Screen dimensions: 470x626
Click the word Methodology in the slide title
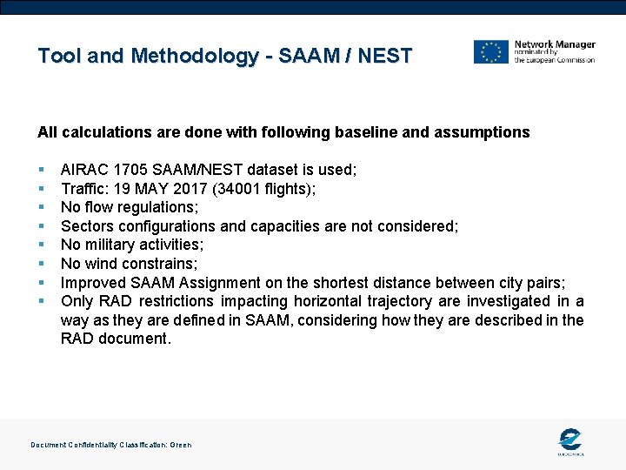point(194,57)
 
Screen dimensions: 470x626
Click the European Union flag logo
point(490,51)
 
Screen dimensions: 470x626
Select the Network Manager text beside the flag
point(555,44)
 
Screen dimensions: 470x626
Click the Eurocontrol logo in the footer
point(570,441)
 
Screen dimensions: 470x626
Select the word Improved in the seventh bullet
point(92,282)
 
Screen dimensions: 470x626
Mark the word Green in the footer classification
point(181,445)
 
